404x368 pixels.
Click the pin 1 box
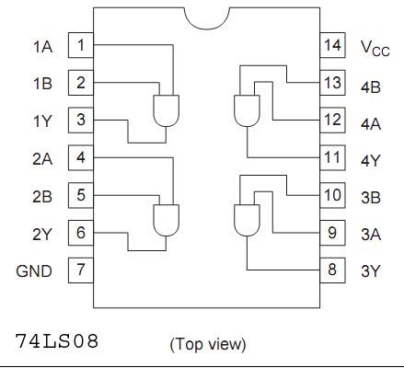[81, 45]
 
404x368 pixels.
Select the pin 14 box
[332, 45]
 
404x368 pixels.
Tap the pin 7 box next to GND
[81, 270]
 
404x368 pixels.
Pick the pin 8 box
[332, 270]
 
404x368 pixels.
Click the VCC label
[375, 48]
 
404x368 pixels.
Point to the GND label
[34, 271]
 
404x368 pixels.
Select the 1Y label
[42, 121]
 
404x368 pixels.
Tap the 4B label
[371, 87]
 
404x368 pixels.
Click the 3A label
[371, 235]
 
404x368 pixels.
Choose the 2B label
[42, 197]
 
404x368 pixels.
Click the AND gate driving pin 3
[166, 110]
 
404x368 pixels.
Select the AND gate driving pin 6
[166, 221]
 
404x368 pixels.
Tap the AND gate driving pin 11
[247, 110]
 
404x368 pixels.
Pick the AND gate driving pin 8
[247, 221]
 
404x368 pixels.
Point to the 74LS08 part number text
[57, 341]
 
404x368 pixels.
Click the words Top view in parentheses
[208, 344]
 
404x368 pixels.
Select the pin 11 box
[332, 157]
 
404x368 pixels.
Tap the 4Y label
[371, 161]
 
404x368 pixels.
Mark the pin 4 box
[81, 157]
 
